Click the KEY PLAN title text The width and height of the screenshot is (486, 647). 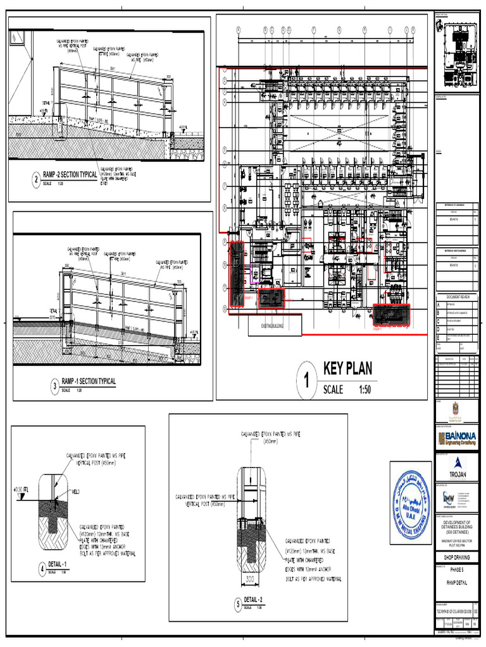[x=348, y=368]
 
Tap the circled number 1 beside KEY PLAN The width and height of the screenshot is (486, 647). [x=307, y=382]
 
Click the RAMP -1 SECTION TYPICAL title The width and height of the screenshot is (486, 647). [x=88, y=382]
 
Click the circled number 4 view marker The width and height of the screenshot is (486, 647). [x=42, y=568]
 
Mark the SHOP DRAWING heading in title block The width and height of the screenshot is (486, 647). [x=456, y=557]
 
